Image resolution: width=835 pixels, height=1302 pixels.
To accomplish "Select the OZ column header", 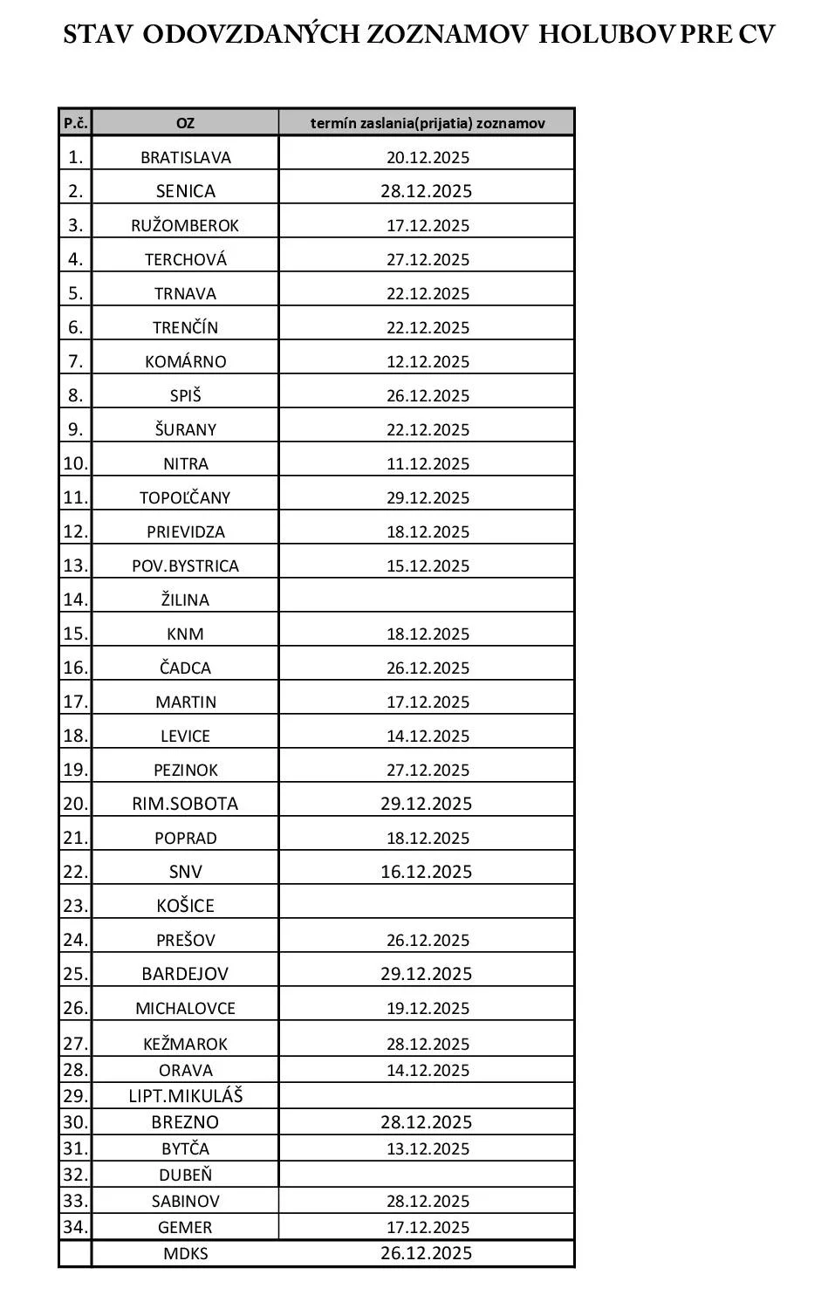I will pos(185,123).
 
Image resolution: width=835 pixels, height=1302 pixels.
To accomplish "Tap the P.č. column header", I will pos(75,123).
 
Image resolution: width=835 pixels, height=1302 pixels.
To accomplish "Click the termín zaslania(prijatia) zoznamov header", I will pos(428,123).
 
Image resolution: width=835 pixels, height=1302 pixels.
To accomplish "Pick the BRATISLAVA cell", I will pos(185,158).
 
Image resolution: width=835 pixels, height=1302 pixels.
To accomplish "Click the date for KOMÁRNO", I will pos(428,362).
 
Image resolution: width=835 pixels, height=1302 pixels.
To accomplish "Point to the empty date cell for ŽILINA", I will pos(428,599).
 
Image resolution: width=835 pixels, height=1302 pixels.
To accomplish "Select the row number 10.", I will pos(75,463).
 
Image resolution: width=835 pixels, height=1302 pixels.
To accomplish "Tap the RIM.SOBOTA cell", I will pos(185,804).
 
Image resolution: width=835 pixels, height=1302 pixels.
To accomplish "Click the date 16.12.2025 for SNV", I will pos(427,872).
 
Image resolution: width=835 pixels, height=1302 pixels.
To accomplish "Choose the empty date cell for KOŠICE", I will pos(428,905).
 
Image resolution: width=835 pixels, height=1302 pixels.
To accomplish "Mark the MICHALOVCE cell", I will pos(185,1009).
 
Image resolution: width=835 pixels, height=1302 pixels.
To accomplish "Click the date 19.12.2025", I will pos(428,1009).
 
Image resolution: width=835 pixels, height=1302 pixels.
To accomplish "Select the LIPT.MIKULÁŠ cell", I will pos(185,1096).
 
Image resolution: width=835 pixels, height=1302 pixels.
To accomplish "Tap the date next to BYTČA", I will pos(428,1149).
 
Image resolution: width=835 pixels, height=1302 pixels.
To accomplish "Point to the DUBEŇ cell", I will pos(185,1175).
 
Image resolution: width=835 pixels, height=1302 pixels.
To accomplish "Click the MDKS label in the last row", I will pos(185,1254).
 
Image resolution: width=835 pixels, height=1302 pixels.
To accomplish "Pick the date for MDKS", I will pos(427,1253).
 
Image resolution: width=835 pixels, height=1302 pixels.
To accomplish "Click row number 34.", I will pos(75,1227).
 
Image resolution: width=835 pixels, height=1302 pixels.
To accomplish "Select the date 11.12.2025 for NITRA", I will pos(428,464).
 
